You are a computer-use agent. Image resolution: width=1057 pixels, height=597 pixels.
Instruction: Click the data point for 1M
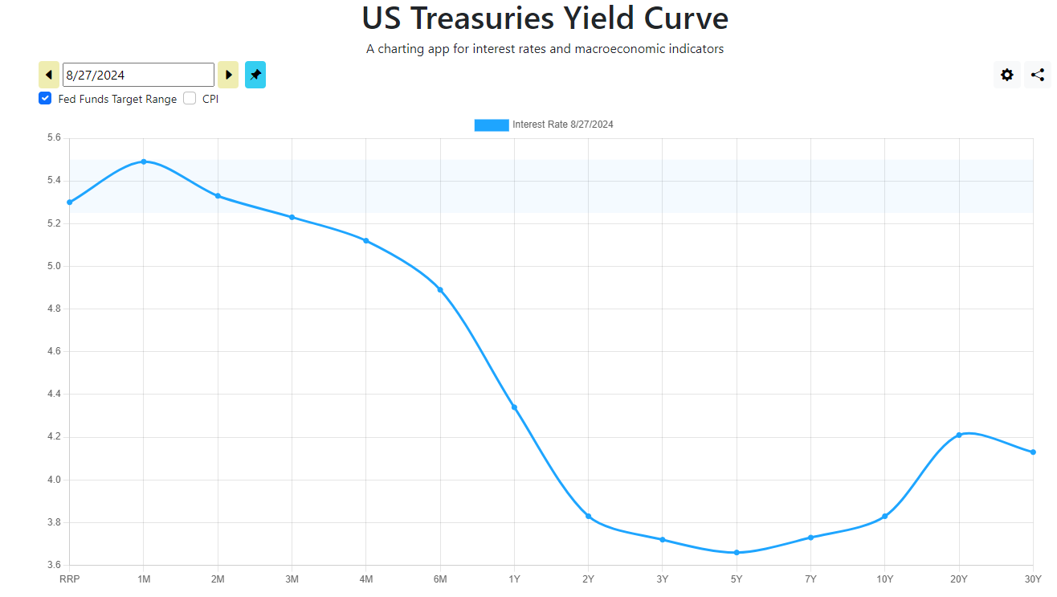click(x=144, y=162)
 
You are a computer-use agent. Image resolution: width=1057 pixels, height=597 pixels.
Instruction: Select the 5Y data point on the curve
click(x=737, y=553)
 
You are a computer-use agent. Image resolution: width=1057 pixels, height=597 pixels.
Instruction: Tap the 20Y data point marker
click(x=959, y=435)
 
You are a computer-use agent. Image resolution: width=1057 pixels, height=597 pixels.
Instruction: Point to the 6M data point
click(x=440, y=289)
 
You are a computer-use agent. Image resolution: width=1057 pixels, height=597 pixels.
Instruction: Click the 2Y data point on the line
click(x=589, y=516)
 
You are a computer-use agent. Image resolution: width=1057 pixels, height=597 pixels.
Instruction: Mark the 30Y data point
click(x=1033, y=452)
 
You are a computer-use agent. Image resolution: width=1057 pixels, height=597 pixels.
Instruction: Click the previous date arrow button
click(x=49, y=75)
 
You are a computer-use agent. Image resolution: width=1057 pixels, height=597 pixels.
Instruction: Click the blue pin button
click(x=255, y=75)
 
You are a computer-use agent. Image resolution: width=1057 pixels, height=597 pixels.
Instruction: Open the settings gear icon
click(x=1007, y=75)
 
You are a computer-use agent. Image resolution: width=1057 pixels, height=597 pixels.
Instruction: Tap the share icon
click(x=1038, y=75)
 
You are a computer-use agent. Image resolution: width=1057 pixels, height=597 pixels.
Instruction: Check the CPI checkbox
click(x=190, y=99)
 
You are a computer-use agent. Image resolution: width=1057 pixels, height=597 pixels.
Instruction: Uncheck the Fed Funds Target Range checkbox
click(x=45, y=99)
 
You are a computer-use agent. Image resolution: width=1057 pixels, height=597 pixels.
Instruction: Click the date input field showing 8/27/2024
click(x=138, y=75)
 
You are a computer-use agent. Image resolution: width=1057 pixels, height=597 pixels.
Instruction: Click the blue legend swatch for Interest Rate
click(x=492, y=125)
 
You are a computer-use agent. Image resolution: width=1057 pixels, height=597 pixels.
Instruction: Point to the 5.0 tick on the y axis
click(x=54, y=266)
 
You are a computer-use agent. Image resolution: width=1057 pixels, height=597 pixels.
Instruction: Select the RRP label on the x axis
click(x=70, y=579)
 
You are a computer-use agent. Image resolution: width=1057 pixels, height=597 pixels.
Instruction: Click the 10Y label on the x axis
click(x=884, y=579)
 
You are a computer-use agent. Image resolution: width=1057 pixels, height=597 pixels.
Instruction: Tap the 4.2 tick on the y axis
click(x=54, y=437)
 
